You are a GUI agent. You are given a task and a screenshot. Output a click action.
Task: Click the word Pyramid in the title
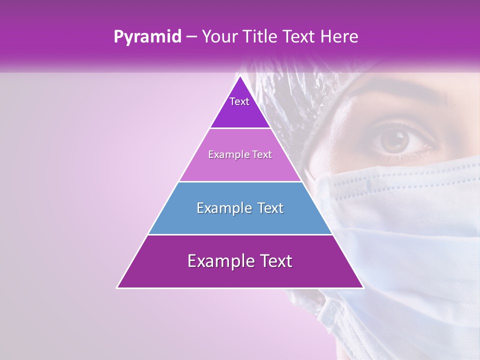147,37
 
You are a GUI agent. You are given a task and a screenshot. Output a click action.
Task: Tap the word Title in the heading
264,37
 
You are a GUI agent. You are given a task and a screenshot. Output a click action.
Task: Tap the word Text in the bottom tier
273,261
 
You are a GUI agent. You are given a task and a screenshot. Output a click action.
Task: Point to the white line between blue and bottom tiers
240,234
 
